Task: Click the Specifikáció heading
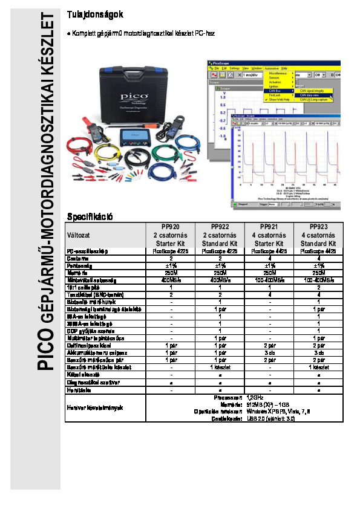pos(90,216)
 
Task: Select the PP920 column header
pos(170,227)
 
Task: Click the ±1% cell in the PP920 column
pos(170,265)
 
